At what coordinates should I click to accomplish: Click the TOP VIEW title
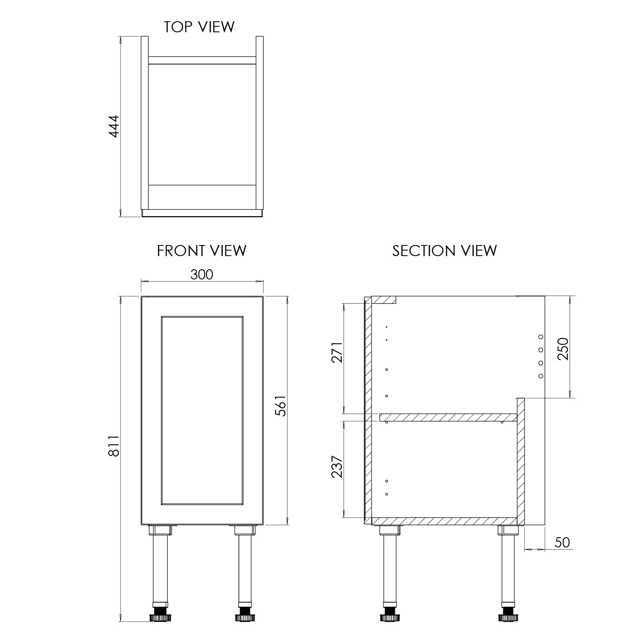(199, 27)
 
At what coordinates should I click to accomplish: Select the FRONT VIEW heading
(201, 251)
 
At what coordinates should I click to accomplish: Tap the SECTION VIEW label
(444, 251)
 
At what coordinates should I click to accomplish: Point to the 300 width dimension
(202, 275)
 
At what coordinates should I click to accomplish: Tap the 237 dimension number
(337, 467)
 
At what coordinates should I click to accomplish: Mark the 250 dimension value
(563, 349)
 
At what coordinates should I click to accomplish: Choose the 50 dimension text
(562, 542)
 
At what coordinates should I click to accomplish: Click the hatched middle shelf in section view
(448, 417)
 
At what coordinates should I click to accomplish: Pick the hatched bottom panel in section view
(444, 521)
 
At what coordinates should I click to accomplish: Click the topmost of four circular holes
(541, 337)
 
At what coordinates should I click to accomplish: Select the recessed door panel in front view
(202, 411)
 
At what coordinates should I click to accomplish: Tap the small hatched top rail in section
(384, 300)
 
